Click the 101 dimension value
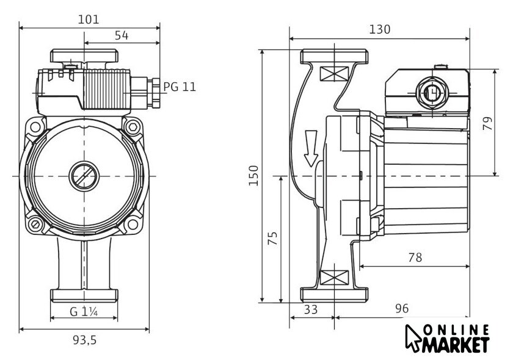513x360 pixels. click(89, 19)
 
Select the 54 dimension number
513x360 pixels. click(122, 36)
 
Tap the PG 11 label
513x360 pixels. click(180, 87)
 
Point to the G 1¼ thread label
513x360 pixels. click(84, 311)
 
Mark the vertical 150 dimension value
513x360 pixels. click(255, 176)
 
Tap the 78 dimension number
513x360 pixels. click(415, 257)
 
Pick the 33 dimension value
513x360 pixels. click(311, 309)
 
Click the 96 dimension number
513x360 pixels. click(401, 309)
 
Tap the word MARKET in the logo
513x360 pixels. click(456, 345)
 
